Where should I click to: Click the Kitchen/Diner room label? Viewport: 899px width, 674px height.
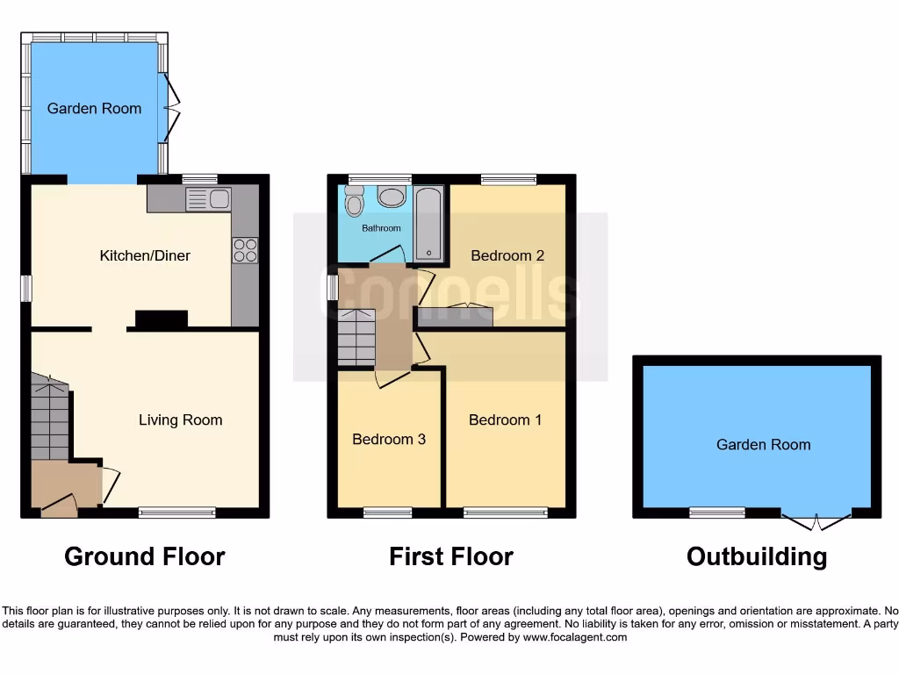pos(145,256)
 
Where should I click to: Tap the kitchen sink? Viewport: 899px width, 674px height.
pos(209,200)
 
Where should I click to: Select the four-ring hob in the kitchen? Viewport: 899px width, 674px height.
pos(245,250)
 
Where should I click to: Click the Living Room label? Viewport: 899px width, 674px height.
pos(180,420)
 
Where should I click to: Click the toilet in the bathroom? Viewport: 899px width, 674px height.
pos(355,202)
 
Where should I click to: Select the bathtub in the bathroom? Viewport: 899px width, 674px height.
pos(429,223)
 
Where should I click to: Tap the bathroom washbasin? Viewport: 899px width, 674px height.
pos(392,196)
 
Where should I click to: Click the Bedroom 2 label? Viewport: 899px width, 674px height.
pos(507,256)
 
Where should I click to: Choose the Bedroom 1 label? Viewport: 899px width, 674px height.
pos(505,420)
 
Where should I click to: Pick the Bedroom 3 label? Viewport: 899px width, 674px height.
pos(389,439)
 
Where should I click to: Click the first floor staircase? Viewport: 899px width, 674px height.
pos(356,337)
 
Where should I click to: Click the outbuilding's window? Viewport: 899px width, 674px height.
pos(716,512)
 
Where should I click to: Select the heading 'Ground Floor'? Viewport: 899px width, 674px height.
pos(145,556)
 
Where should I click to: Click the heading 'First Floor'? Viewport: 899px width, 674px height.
pos(451,556)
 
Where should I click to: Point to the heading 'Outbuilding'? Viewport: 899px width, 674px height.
pos(756,556)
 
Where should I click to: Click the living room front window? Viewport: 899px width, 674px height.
pos(177,513)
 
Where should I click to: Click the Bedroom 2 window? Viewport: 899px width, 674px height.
pos(508,180)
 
